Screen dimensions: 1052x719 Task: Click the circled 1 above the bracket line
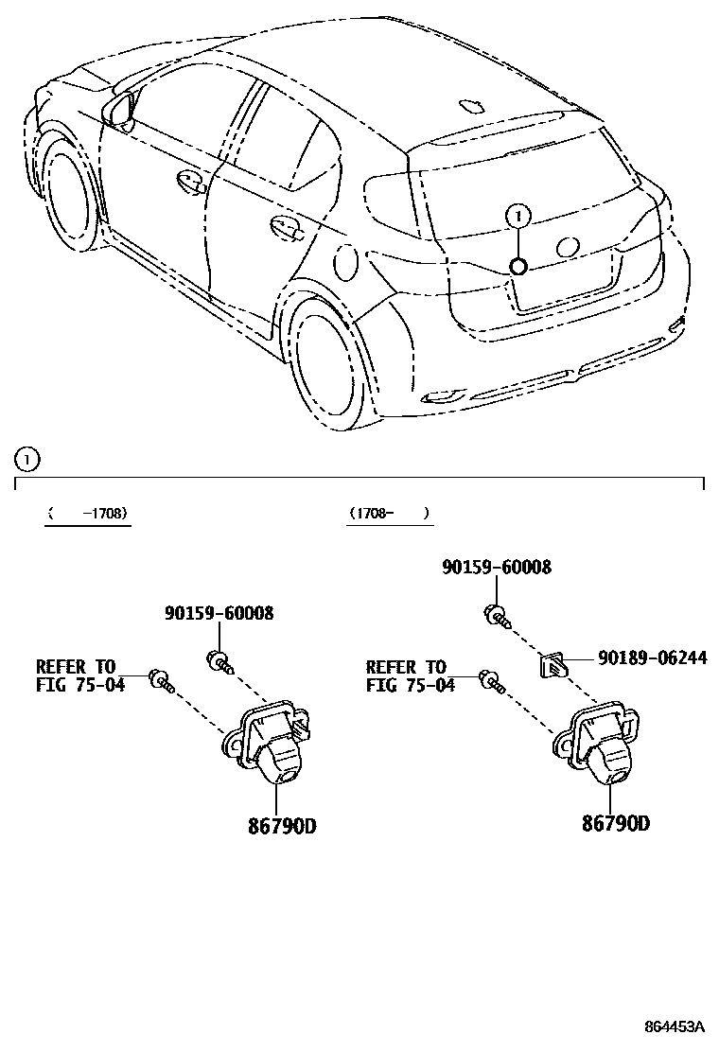point(27,461)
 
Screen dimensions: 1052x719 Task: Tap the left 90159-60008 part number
point(219,614)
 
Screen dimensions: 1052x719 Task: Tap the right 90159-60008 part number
point(497,568)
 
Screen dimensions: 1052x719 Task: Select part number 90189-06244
point(651,658)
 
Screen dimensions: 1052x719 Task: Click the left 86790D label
point(282,826)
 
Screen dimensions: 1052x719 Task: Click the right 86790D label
point(616,823)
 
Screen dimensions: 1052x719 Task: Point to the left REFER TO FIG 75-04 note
point(80,675)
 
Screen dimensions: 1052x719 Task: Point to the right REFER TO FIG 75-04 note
point(410,675)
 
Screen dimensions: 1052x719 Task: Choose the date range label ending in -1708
point(88,514)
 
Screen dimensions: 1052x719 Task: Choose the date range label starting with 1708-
point(388,513)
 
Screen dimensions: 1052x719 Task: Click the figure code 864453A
point(675,1026)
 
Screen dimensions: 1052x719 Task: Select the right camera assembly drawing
point(601,743)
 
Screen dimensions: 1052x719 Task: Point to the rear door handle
point(285,226)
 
